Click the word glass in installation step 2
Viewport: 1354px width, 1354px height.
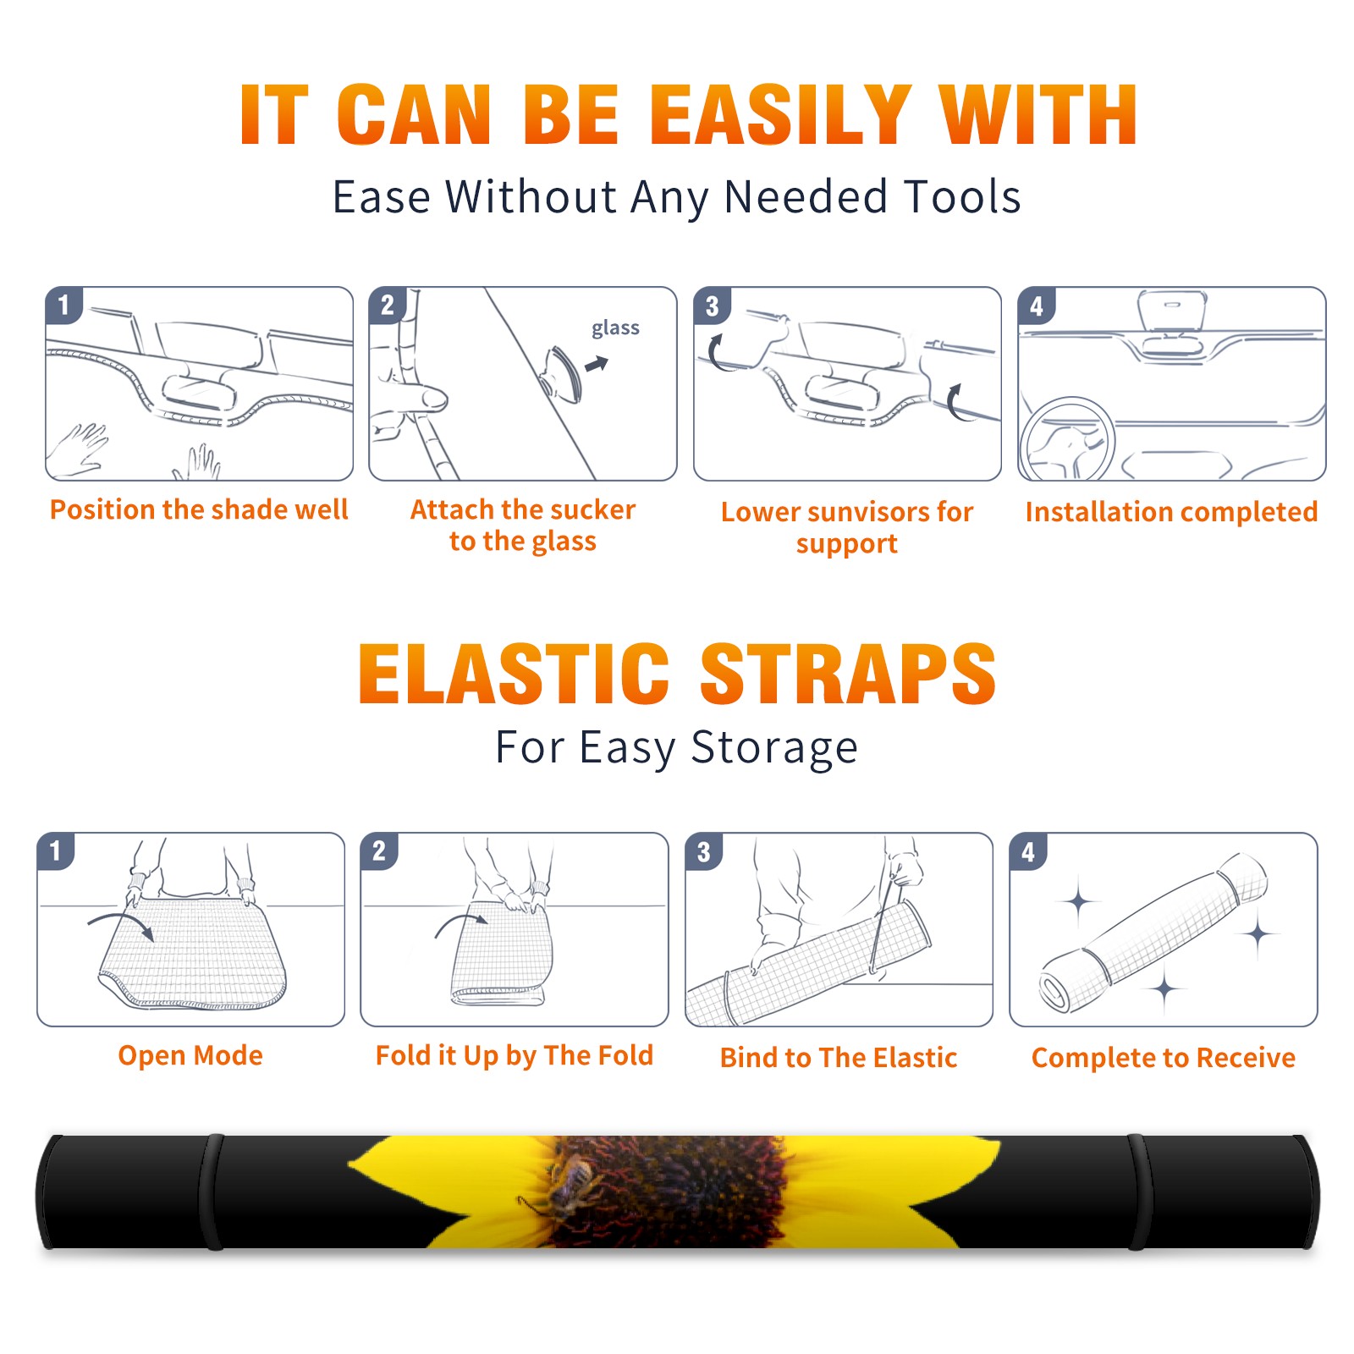point(615,328)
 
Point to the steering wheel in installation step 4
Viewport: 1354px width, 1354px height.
point(1067,440)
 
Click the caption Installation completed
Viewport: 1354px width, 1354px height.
point(1171,512)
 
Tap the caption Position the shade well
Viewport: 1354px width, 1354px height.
point(199,509)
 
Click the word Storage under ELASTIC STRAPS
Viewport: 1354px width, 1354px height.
point(774,748)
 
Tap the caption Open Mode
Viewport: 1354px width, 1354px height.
point(190,1056)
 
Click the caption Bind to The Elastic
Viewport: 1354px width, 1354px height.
point(839,1058)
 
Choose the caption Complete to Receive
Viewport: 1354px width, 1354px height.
point(1164,1058)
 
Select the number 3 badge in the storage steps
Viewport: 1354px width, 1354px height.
point(704,851)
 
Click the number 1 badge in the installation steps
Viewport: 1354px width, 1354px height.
point(63,305)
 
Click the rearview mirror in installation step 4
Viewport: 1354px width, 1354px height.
point(1170,312)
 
